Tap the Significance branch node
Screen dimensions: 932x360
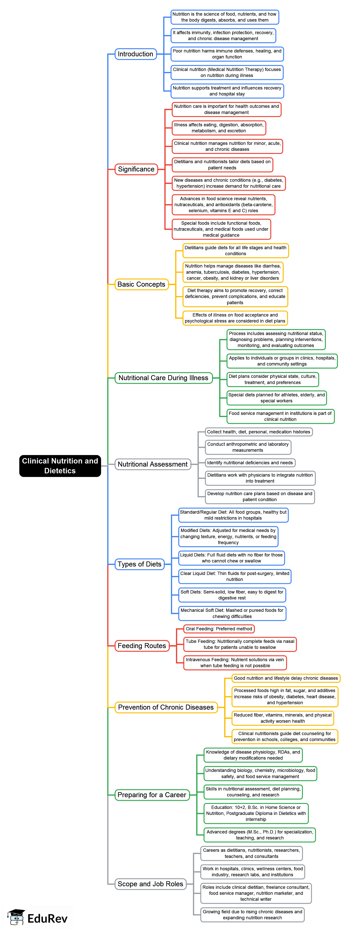coord(136,169)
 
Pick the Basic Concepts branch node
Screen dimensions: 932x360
coord(141,284)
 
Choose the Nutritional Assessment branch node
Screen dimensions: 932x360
coord(152,464)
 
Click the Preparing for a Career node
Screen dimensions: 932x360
coord(152,795)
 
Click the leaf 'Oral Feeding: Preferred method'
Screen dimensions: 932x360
coord(219,629)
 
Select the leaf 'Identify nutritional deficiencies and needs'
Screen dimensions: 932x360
coord(250,463)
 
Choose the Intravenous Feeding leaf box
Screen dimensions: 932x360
coord(235,663)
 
